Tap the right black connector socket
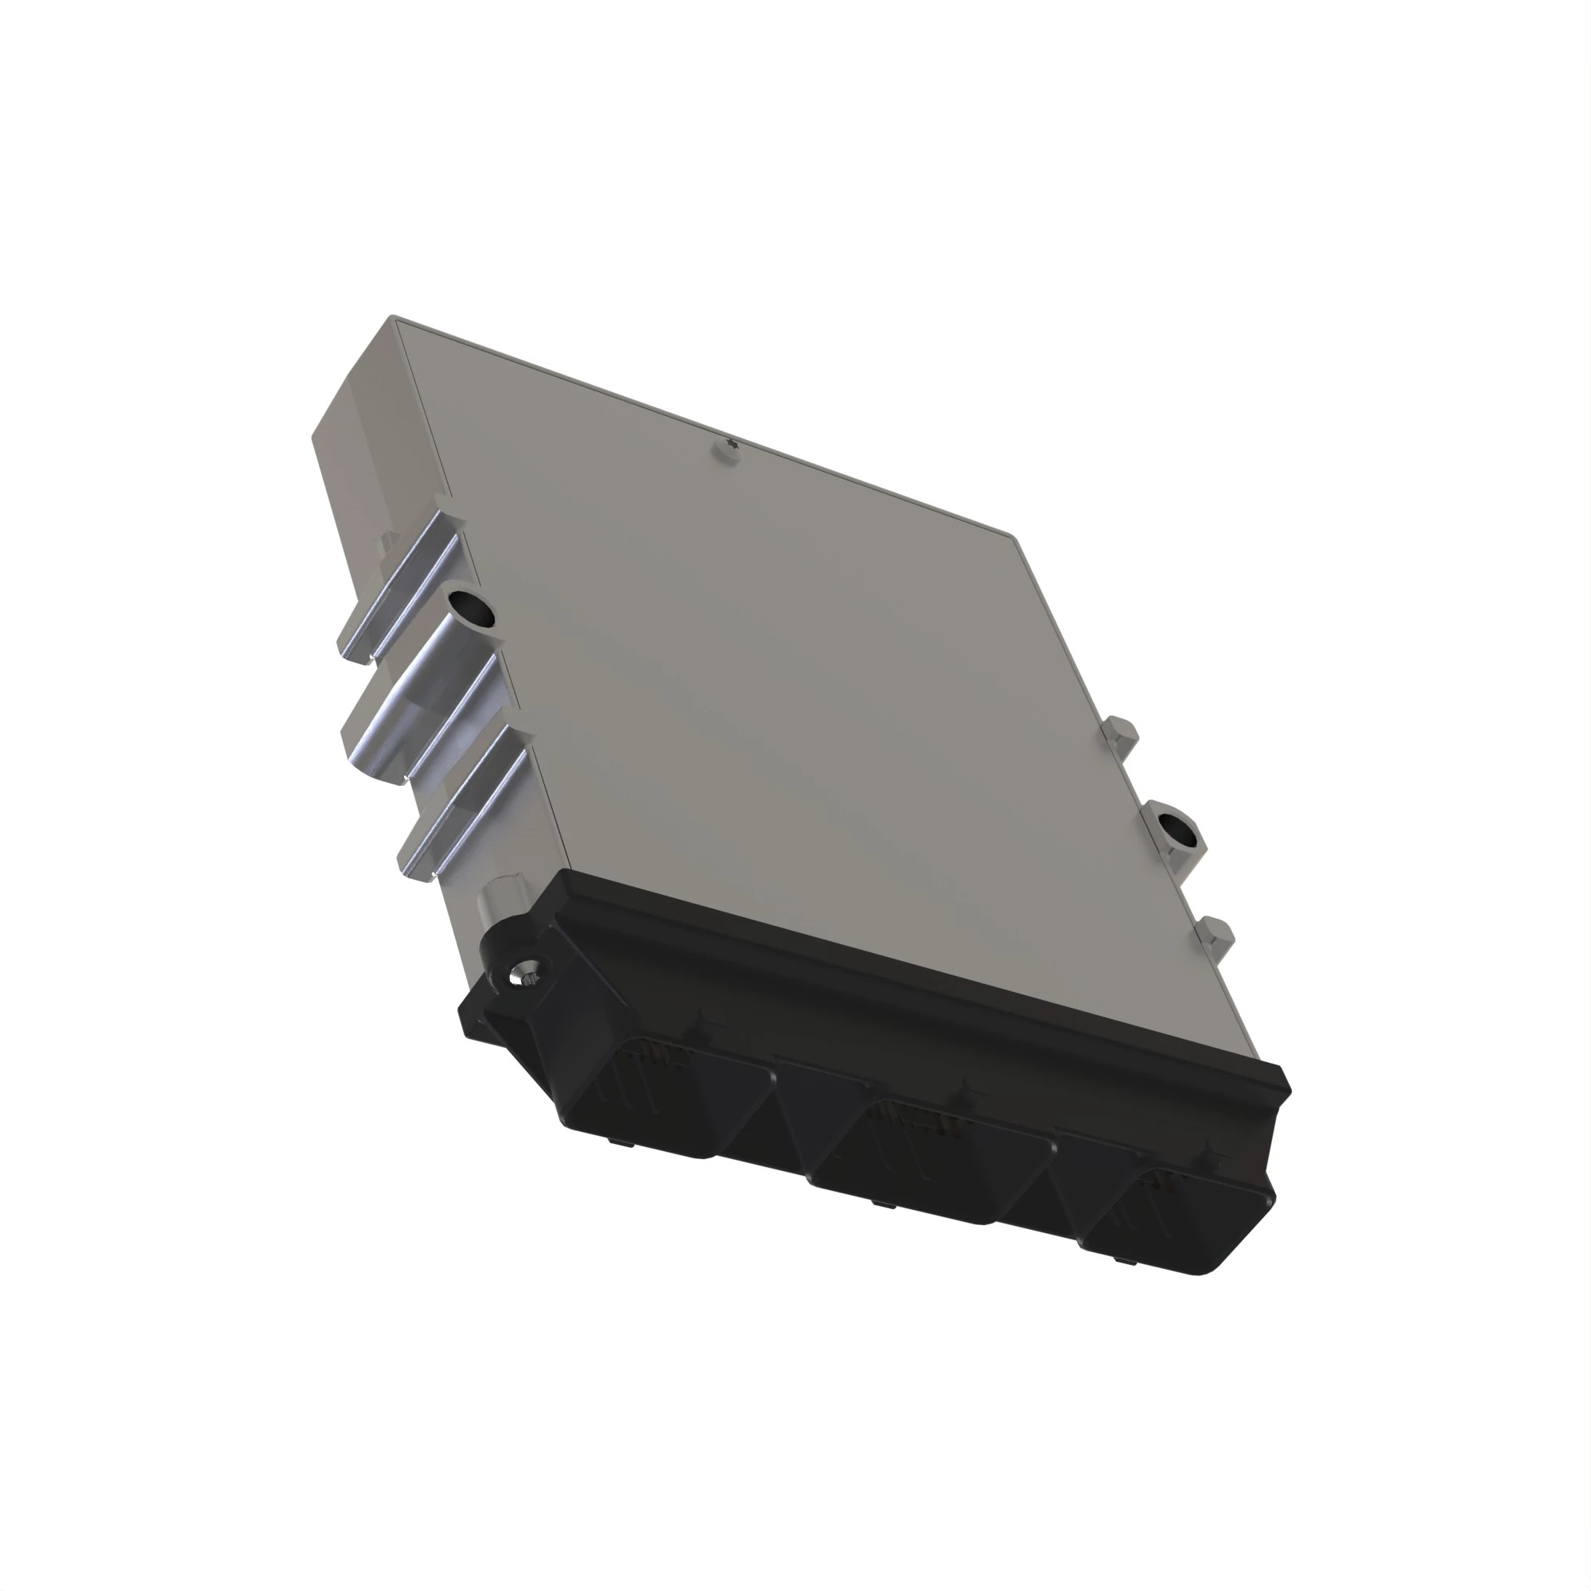pyautogui.click(x=1177, y=1219)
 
